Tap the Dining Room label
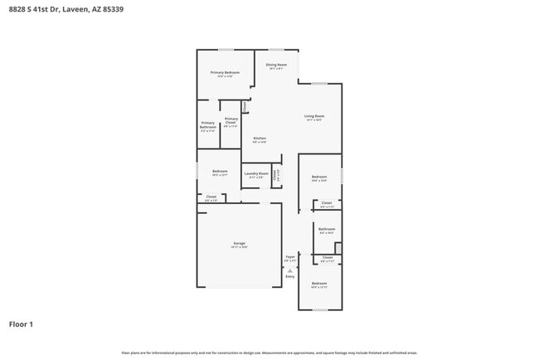[276, 65]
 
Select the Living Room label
[313, 116]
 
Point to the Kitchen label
[260, 138]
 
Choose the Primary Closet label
[231, 120]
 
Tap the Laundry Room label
[256, 173]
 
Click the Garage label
[239, 243]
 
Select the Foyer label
[290, 257]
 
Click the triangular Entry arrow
[290, 270]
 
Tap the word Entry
[290, 276]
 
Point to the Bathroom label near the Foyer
[327, 229]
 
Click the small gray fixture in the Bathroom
[337, 248]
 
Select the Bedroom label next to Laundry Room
[220, 172]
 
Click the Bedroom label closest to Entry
[319, 284]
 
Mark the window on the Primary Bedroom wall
[225, 50]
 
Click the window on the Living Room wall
[319, 82]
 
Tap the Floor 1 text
[21, 324]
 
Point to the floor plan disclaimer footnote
[269, 353]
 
